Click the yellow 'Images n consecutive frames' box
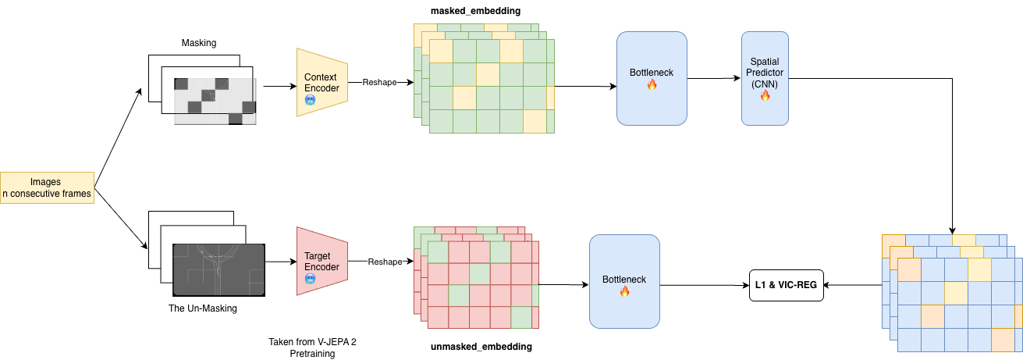pos(47,187)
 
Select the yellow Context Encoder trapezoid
pos(321,83)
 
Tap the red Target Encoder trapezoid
pos(321,261)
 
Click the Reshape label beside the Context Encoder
pos(379,82)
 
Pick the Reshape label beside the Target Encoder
pos(385,262)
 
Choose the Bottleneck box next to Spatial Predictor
pos(652,78)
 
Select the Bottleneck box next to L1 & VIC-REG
pos(624,281)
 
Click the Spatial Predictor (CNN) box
pos(765,78)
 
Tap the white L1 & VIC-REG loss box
pos(786,285)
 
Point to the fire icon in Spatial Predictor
pos(765,95)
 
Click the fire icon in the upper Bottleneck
pos(652,85)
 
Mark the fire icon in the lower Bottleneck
pos(624,292)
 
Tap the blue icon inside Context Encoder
pos(311,101)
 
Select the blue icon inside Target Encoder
pos(311,279)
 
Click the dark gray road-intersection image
pos(218,269)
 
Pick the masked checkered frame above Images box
pos(214,98)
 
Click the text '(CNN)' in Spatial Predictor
pos(765,84)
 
